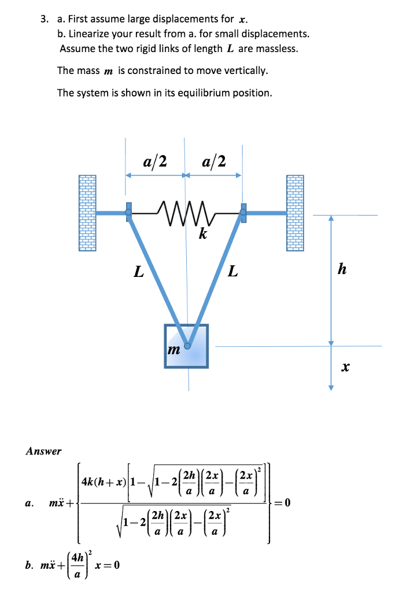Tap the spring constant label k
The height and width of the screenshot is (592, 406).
click(x=202, y=234)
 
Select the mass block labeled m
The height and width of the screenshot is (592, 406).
click(x=186, y=346)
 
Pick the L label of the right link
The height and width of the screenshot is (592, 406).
click(x=232, y=271)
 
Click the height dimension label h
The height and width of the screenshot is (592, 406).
click(x=342, y=269)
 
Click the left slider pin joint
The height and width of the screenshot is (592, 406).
click(x=128, y=213)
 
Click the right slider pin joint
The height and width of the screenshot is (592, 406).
click(x=243, y=213)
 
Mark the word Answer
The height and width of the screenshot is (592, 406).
click(x=43, y=451)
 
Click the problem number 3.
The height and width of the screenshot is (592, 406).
click(x=43, y=18)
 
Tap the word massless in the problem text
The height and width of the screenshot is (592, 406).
click(x=279, y=49)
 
